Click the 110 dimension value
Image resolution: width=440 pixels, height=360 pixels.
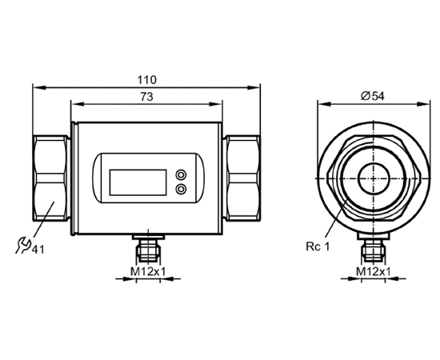(146, 80)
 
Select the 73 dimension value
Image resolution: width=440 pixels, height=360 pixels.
(146, 97)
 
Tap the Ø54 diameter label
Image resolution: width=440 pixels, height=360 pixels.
(373, 96)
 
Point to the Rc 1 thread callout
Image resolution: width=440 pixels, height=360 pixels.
(318, 246)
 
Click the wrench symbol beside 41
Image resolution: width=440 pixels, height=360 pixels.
(22, 246)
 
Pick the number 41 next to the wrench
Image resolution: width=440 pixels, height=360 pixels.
(38, 250)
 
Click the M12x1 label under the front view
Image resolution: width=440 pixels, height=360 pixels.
(148, 271)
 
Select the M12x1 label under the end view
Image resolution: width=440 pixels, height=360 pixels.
(374, 271)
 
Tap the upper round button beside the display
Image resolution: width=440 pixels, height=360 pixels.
(181, 175)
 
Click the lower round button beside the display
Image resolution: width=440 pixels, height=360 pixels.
(181, 189)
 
